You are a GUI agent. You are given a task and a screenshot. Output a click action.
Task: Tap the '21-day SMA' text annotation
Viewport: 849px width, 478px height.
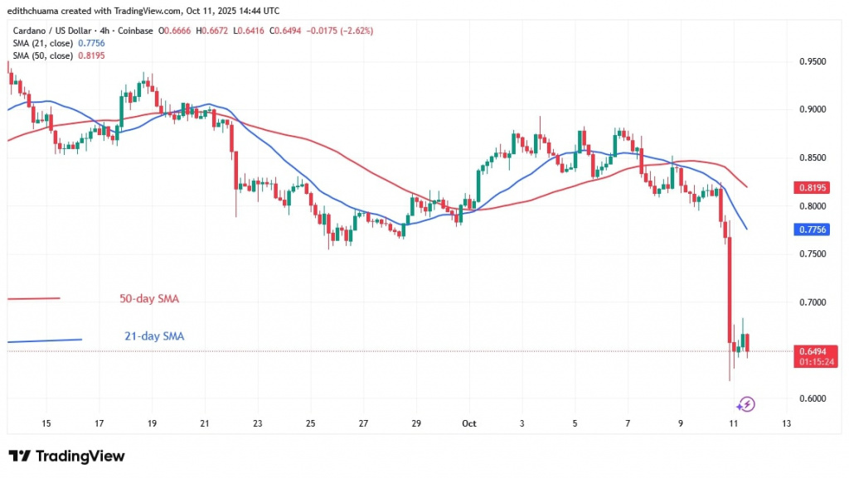(149, 336)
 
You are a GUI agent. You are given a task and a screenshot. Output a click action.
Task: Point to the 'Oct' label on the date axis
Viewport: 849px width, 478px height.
(470, 423)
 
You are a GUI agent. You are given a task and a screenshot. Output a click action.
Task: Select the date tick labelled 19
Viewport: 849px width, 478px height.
(152, 423)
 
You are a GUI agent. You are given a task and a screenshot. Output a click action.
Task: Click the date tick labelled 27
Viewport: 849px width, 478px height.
(363, 423)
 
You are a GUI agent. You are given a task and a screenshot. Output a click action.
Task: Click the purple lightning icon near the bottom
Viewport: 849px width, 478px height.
(745, 404)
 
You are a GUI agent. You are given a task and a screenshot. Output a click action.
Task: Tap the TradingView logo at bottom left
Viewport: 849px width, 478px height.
(66, 456)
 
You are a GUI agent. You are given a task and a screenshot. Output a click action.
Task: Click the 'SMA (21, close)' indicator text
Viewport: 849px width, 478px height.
(41, 43)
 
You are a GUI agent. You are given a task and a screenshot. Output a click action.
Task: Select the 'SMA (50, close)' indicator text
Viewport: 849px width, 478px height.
(41, 56)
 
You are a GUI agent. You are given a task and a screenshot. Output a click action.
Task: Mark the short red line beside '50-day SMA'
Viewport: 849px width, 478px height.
(33, 298)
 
